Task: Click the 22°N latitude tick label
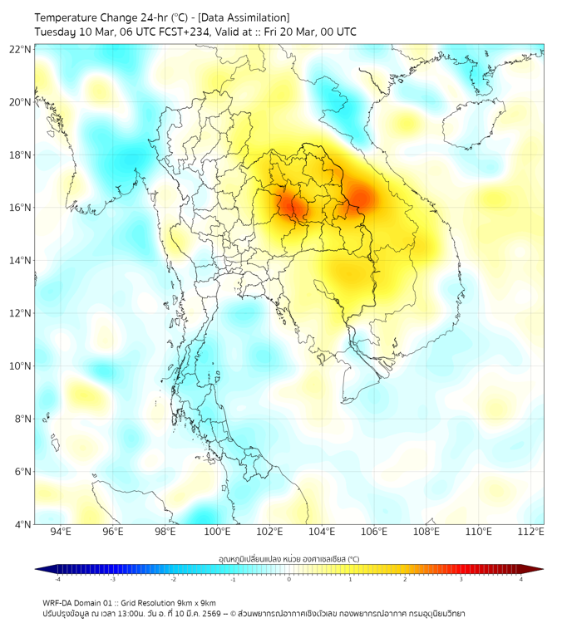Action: tap(21, 49)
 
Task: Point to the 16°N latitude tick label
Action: tap(21, 208)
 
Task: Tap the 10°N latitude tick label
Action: tap(21, 366)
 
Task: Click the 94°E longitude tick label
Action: tap(61, 531)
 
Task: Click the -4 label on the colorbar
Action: tap(57, 579)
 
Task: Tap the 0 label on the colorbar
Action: tap(289, 579)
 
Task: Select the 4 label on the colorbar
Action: tap(520, 579)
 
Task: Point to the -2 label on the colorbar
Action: tap(173, 579)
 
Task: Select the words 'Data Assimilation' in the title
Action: tap(247, 17)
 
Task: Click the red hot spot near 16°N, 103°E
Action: tap(292, 204)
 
